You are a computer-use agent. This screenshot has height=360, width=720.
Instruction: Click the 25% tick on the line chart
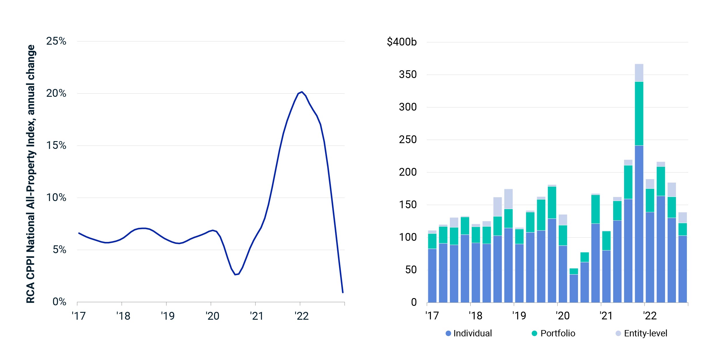click(x=56, y=41)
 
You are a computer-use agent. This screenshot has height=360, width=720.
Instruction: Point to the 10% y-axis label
click(x=56, y=198)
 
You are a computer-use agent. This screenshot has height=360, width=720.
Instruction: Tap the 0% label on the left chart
click(x=59, y=302)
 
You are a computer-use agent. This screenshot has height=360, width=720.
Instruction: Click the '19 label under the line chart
click(x=168, y=316)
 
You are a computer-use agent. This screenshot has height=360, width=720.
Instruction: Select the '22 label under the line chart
click(x=302, y=316)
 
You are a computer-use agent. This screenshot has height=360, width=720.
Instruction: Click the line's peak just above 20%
click(x=302, y=92)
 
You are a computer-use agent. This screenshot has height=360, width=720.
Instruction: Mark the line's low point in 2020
click(x=235, y=274)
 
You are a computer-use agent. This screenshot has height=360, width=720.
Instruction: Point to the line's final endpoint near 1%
click(x=343, y=293)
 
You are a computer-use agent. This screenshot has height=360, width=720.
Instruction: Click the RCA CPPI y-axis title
click(x=31, y=174)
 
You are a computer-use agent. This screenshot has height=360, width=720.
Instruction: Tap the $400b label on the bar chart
click(x=401, y=42)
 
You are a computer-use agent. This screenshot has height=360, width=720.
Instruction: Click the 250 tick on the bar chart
click(x=408, y=140)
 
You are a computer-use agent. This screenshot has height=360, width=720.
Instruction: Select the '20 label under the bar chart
click(x=562, y=316)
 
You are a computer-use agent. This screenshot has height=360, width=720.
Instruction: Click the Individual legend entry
click(x=469, y=334)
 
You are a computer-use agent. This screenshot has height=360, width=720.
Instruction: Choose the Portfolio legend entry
click(x=553, y=334)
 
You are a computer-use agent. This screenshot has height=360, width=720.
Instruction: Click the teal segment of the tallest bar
click(x=639, y=114)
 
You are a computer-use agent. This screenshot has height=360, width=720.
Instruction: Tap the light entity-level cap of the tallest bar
click(x=639, y=73)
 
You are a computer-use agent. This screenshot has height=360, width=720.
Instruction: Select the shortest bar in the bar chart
click(x=574, y=285)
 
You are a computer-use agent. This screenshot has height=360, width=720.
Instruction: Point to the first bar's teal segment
click(x=432, y=241)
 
